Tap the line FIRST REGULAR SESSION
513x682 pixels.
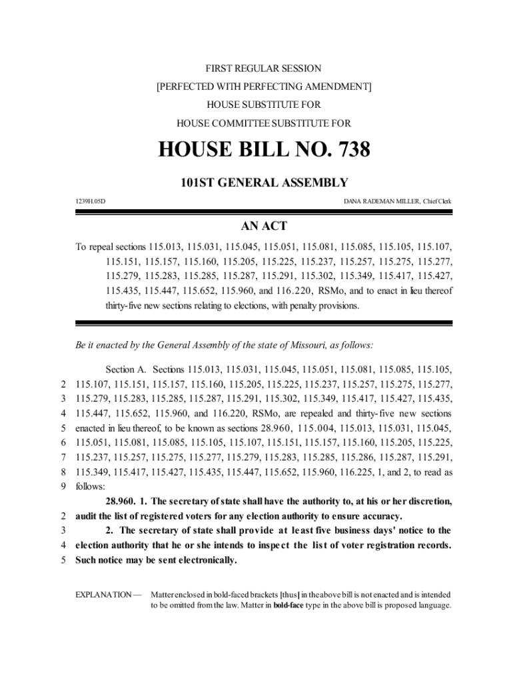tap(263, 69)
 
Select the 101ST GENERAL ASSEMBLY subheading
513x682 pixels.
tap(263, 182)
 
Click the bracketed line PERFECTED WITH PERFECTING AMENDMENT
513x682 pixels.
tap(263, 87)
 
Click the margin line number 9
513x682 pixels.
tap(63, 487)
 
